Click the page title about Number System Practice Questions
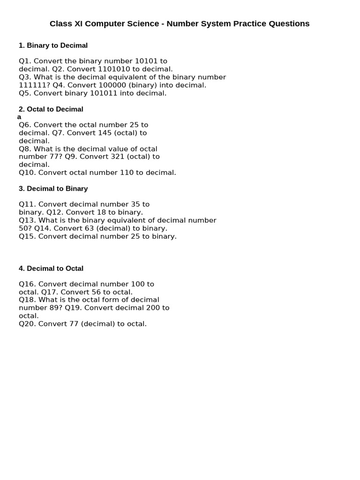180,23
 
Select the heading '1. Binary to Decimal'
53,45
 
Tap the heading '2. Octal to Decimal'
51,109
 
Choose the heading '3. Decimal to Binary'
53,188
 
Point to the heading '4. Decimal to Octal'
51,269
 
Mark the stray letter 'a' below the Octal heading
19,117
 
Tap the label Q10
27,172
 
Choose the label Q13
27,220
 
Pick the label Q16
27,284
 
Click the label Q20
27,324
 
